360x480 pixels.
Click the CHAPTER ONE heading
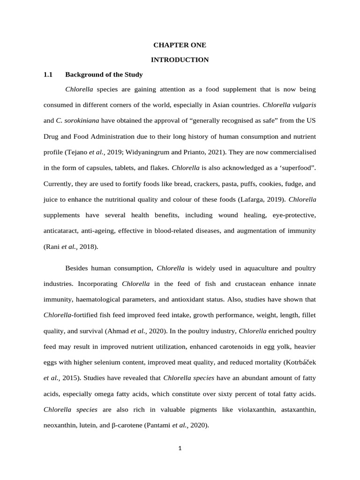[180, 45]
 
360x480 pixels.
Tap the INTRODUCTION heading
[180, 60]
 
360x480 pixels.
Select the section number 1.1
[48, 75]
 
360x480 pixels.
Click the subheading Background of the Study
[104, 75]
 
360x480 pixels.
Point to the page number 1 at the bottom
[180, 448]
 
